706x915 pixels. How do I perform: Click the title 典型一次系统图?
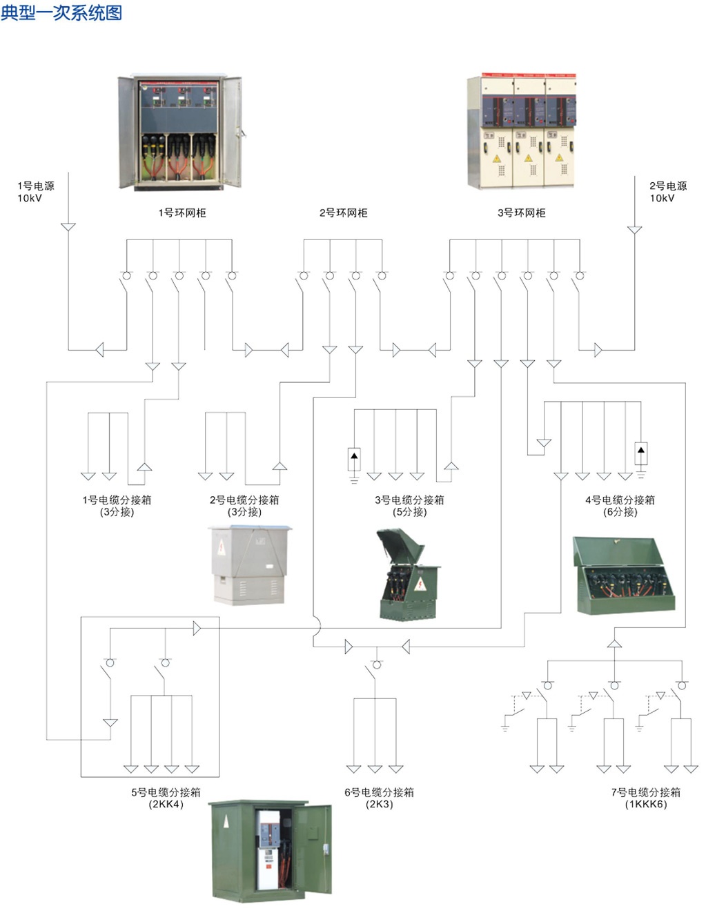click(x=61, y=12)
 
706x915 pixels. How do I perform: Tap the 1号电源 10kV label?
click(x=36, y=192)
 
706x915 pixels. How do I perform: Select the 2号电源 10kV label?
click(x=667, y=192)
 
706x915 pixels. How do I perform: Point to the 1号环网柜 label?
click(x=182, y=213)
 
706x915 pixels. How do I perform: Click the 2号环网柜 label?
click(x=343, y=213)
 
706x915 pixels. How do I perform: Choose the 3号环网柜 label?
click(x=521, y=213)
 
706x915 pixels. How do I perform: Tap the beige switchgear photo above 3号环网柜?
click(x=522, y=130)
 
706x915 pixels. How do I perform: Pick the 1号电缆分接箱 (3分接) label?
click(x=117, y=505)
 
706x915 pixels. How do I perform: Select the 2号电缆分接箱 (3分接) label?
click(x=244, y=505)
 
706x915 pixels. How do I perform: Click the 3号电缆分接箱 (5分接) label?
click(x=409, y=505)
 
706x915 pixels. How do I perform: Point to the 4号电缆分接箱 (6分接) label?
click(x=620, y=505)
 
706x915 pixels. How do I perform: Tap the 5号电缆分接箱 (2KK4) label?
click(x=166, y=798)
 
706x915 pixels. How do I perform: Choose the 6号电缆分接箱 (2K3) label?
click(x=379, y=798)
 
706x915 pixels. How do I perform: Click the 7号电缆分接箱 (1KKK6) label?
click(x=645, y=798)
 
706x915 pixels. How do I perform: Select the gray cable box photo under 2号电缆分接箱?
click(x=250, y=565)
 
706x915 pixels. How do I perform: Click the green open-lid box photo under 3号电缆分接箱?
click(x=409, y=574)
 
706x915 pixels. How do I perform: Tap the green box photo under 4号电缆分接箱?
click(x=623, y=575)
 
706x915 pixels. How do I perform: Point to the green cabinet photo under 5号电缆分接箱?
click(x=270, y=850)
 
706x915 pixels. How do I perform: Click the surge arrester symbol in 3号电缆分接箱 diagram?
click(x=354, y=460)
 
